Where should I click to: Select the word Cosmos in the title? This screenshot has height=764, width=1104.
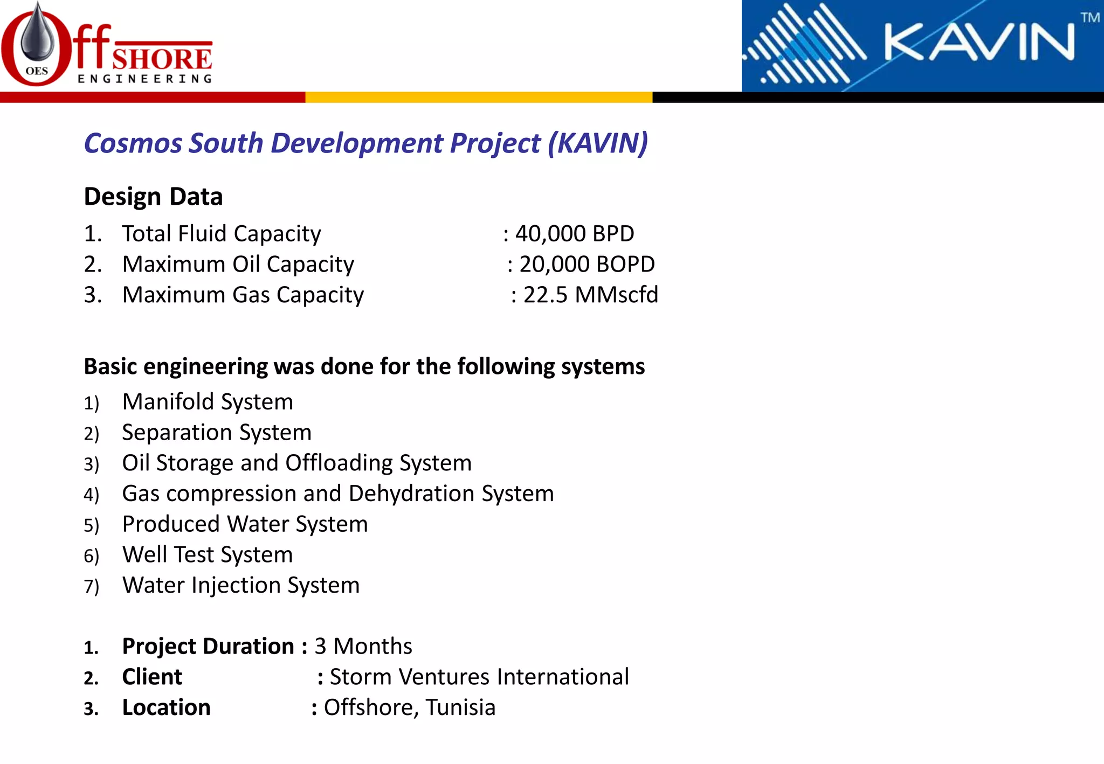[x=133, y=143]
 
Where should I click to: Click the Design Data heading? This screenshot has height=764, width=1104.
[x=153, y=197]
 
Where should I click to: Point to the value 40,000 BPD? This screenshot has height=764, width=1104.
[x=575, y=234]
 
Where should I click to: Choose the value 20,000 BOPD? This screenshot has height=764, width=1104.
[x=587, y=265]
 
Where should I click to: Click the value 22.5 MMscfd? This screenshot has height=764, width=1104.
[x=591, y=295]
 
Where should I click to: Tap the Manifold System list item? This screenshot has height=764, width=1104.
[x=208, y=402]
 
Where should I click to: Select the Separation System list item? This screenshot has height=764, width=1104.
[x=217, y=433]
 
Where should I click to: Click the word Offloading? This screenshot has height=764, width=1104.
[x=339, y=463]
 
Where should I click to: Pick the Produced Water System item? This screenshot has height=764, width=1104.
[x=245, y=524]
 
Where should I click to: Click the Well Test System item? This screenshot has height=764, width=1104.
[x=208, y=555]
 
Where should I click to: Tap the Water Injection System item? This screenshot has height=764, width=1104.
[x=241, y=586]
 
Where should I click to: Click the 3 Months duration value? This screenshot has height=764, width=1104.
[x=363, y=647]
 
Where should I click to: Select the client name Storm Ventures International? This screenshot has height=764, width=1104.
[x=479, y=677]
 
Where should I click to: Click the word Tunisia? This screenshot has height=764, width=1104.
[x=460, y=708]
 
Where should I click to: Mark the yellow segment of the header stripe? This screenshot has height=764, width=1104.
[x=479, y=98]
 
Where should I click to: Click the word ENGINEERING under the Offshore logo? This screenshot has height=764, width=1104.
[x=145, y=79]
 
